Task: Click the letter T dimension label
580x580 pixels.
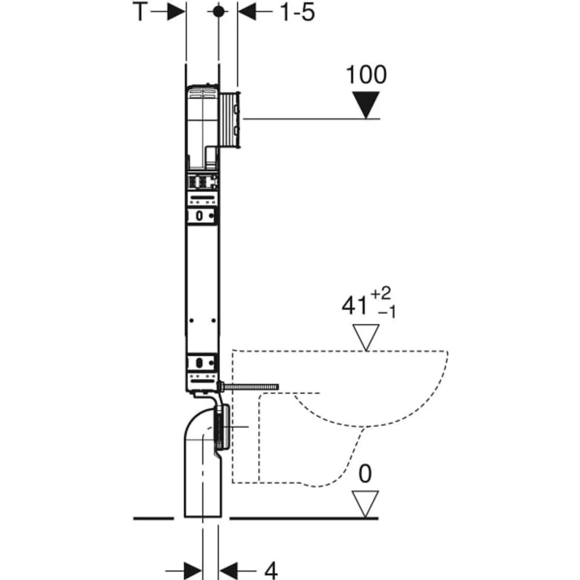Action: pos(141,12)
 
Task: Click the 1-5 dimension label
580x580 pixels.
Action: pos(297,12)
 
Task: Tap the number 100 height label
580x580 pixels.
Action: pos(366,75)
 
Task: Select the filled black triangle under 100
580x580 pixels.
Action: pos(366,105)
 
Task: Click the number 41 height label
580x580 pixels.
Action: pos(354,306)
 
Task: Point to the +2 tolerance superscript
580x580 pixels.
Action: pos(381,294)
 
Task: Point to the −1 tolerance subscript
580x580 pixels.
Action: pos(387,313)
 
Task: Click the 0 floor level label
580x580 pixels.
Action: pos(365,473)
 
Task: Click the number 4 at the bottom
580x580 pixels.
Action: pos(271,571)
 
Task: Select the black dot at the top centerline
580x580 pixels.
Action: pos(219,12)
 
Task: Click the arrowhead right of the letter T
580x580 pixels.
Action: pos(176,12)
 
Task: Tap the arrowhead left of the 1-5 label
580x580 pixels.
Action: pos(247,12)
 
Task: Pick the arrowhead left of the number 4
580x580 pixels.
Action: pos(228,571)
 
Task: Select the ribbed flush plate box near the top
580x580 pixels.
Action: pos(230,120)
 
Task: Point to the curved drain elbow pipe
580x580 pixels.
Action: pos(203,462)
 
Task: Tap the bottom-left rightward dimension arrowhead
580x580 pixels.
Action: pos(192,571)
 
